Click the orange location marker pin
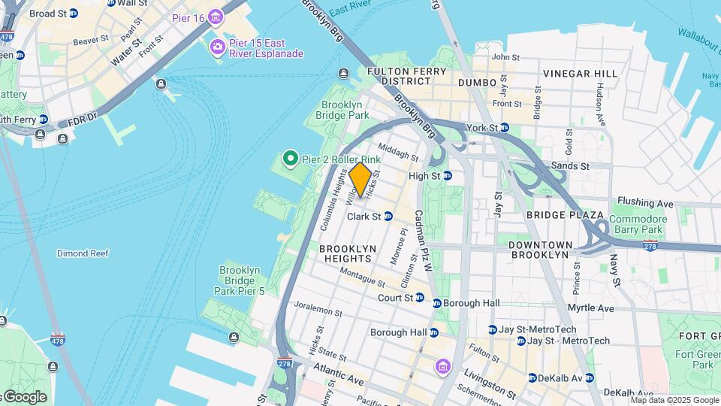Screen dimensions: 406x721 click(x=360, y=179)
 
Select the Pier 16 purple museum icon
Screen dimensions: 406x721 click(x=216, y=17)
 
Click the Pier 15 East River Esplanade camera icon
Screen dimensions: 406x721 click(x=218, y=47)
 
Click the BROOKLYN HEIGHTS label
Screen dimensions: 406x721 click(x=345, y=253)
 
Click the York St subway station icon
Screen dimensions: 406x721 click(x=505, y=128)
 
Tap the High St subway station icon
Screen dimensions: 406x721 click(x=448, y=176)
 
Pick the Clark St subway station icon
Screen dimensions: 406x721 click(x=388, y=217)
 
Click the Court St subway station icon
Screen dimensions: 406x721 click(x=419, y=298)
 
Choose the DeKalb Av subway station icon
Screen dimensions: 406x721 click(x=532, y=377)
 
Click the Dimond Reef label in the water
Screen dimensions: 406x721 click(x=83, y=253)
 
